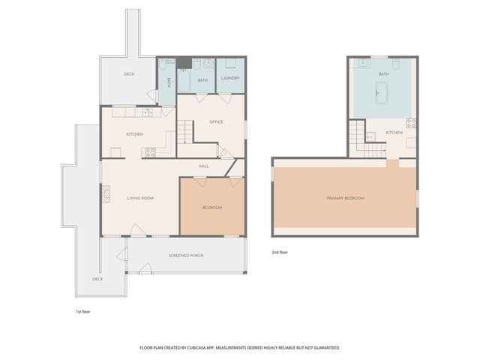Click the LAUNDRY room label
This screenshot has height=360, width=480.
click(x=230, y=78)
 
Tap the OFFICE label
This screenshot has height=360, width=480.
click(x=216, y=121)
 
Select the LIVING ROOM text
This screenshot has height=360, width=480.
click(x=140, y=198)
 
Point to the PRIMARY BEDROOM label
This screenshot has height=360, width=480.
click(x=346, y=198)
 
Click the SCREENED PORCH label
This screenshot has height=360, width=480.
click(x=186, y=256)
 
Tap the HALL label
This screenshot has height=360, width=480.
click(x=203, y=166)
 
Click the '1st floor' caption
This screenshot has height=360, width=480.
click(x=83, y=312)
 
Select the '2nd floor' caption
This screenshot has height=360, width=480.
click(x=280, y=253)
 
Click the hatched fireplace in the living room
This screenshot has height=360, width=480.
click(x=106, y=194)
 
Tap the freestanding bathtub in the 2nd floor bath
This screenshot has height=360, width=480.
click(x=382, y=93)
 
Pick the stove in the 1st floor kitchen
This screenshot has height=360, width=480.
click(x=150, y=152)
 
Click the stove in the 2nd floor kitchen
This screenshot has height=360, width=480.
click(x=411, y=123)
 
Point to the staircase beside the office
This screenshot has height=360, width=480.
click(x=185, y=132)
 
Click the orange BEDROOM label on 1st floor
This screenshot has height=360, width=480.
click(x=212, y=208)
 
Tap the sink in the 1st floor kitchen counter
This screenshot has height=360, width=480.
click(x=147, y=112)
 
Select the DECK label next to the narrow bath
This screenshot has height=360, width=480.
click(x=129, y=74)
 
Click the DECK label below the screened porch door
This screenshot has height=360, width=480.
click(x=97, y=279)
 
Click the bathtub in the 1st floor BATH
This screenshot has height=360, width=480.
click(x=184, y=80)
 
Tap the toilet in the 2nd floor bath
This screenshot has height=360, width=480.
click(x=396, y=64)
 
